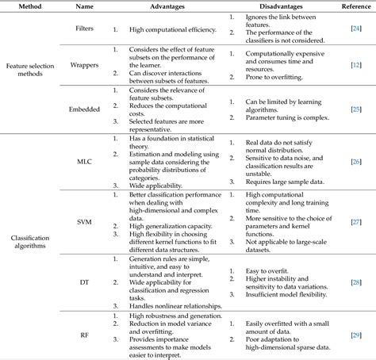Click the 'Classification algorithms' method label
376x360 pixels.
coord(29,241)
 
